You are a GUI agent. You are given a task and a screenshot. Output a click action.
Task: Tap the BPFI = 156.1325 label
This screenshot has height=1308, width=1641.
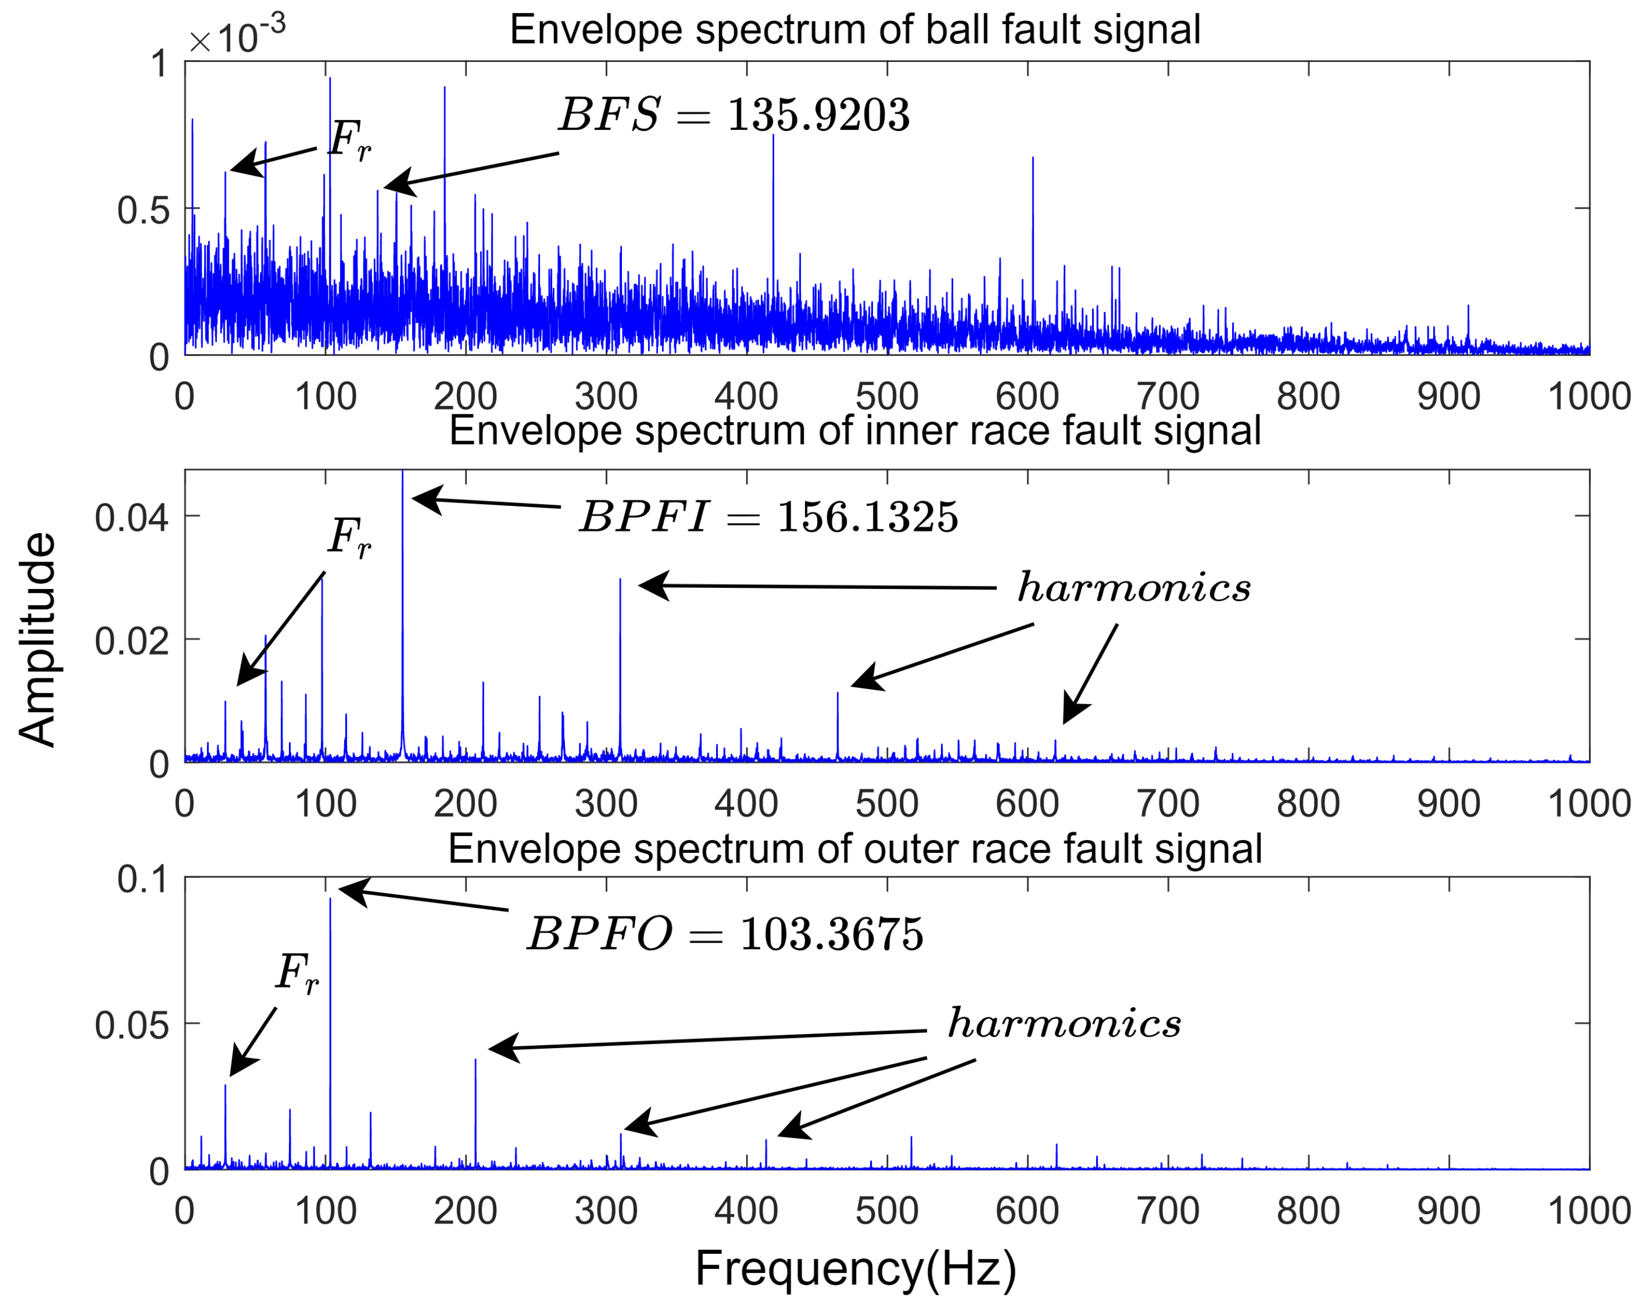coord(768,518)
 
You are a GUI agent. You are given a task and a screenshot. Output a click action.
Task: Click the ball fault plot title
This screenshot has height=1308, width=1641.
coord(855,31)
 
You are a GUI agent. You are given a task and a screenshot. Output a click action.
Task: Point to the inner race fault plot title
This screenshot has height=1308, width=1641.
coord(855,431)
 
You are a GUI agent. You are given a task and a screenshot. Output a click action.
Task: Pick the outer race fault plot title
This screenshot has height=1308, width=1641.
coord(855,849)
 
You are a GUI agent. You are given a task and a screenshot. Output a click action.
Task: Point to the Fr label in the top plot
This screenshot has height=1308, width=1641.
coord(349,141)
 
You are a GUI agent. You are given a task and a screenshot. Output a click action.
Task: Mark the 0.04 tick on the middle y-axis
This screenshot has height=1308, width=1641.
coord(131,518)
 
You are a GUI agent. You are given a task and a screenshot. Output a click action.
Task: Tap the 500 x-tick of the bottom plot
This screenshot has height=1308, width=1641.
coord(887,1210)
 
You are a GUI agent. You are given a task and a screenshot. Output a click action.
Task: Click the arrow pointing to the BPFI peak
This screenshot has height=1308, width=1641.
coord(487,503)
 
